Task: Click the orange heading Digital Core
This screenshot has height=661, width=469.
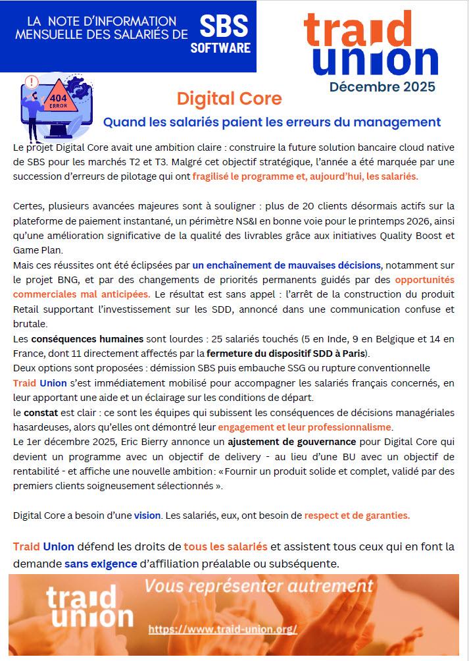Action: tap(229, 99)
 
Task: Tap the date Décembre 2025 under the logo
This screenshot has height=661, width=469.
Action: tap(382, 86)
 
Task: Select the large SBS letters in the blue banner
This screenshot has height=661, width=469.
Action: tap(224, 27)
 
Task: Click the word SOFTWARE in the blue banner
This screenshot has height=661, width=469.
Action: tap(220, 47)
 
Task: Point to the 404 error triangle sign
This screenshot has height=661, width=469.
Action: tap(58, 99)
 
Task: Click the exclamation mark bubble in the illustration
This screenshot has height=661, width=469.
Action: tap(30, 83)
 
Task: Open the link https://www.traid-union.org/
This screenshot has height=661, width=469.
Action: tap(223, 629)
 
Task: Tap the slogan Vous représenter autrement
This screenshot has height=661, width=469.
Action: tap(259, 585)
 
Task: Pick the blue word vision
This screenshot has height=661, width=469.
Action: tap(147, 515)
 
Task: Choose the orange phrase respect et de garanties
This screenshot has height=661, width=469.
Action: tap(357, 515)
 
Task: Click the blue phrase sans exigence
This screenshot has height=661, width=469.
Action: tap(101, 564)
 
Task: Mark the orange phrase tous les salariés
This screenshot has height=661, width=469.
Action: tap(226, 546)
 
